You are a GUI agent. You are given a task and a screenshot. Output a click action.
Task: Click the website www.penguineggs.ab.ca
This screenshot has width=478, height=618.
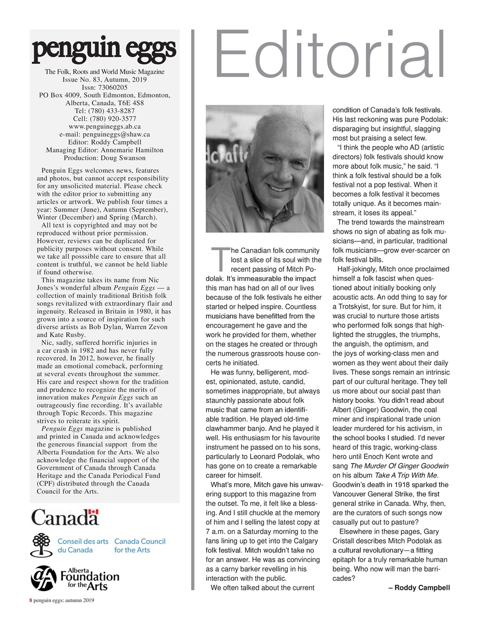(x=104, y=126)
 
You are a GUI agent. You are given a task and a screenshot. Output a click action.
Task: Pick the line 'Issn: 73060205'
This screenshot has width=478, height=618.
(x=104, y=87)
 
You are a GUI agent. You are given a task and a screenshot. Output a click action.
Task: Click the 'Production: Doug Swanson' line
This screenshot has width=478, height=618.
(x=104, y=158)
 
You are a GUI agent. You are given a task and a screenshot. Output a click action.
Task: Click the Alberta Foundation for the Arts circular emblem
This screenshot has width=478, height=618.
(x=44, y=578)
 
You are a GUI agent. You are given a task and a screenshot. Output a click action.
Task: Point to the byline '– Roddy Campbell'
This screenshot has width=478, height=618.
(x=419, y=588)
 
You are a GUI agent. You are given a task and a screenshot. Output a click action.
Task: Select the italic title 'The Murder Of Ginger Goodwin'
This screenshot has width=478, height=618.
(x=399, y=466)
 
